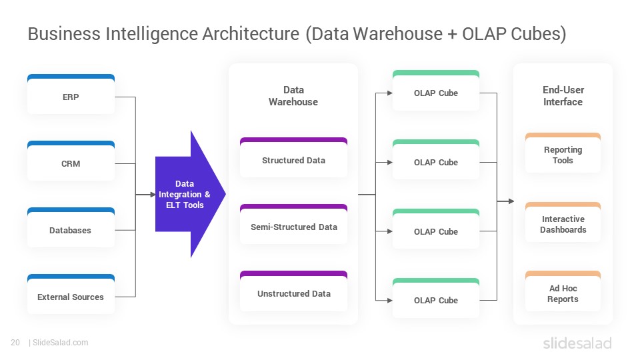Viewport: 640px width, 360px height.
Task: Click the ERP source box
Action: click(x=71, y=94)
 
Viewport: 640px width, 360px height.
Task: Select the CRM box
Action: click(x=71, y=161)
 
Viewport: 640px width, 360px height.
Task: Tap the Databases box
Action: click(x=71, y=227)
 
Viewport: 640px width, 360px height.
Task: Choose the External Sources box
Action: click(x=71, y=294)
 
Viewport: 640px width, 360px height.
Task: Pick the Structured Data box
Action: click(x=293, y=157)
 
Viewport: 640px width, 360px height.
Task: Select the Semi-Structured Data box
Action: click(x=293, y=224)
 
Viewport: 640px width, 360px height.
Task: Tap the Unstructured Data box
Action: click(x=293, y=291)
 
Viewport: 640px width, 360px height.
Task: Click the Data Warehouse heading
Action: click(x=293, y=96)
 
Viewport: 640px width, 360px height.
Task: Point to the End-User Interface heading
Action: click(x=563, y=96)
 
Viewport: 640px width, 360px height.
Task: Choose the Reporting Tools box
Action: click(x=563, y=153)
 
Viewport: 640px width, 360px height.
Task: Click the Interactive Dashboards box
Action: click(x=563, y=222)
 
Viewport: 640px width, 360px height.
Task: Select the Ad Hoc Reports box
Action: click(x=563, y=291)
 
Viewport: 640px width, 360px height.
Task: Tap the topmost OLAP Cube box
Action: click(x=436, y=90)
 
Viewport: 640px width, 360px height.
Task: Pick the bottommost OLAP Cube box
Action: click(x=436, y=298)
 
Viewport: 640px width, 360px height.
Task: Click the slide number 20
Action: click(x=15, y=343)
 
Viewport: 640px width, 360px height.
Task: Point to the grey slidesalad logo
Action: click(x=577, y=343)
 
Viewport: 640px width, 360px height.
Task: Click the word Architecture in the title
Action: click(x=251, y=34)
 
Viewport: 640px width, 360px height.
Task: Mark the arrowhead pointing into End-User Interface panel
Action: click(x=511, y=201)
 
